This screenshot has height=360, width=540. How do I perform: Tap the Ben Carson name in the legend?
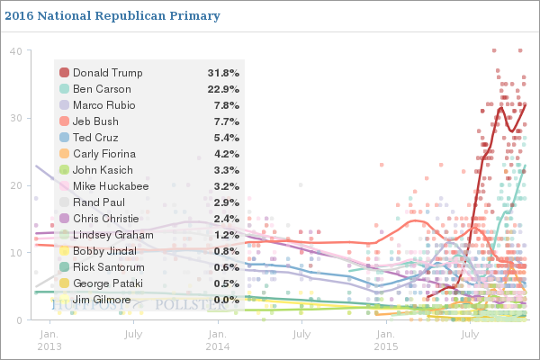pos(102,89)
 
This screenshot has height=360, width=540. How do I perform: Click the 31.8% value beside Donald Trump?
pos(222,73)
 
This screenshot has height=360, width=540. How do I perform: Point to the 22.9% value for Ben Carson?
pos(222,89)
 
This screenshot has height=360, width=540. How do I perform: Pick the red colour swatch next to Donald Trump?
pos(64,73)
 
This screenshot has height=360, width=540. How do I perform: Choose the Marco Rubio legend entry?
pos(104,105)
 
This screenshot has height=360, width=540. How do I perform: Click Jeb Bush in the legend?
pos(96,121)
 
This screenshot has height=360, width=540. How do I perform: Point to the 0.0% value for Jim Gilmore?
pos(225,300)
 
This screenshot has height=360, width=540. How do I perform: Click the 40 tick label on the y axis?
pos(15,50)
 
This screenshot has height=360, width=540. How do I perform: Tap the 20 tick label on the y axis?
pos(15,185)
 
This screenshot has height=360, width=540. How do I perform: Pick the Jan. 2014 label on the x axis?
pos(218,339)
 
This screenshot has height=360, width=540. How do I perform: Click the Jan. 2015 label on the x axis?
pos(386,339)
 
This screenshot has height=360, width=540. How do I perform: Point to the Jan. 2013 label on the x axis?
pos(49,339)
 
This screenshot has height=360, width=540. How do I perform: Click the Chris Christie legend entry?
pos(105,219)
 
